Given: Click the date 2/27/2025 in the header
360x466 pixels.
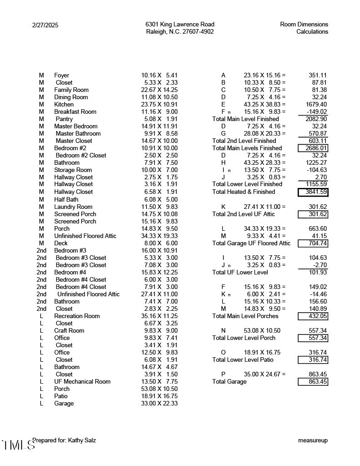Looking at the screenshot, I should [x=45, y=25].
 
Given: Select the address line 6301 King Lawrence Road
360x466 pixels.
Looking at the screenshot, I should [x=180, y=25].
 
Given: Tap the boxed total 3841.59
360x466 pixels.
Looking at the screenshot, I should [x=313, y=192].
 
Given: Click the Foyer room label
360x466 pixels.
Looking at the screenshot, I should [x=61, y=76].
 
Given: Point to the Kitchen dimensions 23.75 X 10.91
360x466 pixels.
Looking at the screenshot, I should [x=159, y=105].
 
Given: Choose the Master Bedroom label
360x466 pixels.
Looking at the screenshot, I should [x=76, y=127].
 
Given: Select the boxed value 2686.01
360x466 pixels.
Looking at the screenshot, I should [x=313, y=148].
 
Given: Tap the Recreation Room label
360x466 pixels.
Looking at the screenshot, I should [x=77, y=316].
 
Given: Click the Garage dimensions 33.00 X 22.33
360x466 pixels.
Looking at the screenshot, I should [x=159, y=404].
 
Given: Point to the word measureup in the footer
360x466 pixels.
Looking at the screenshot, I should [x=313, y=441].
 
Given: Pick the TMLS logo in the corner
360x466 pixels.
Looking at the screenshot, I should [x=18, y=445].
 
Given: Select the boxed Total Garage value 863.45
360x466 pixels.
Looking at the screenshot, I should [x=313, y=382].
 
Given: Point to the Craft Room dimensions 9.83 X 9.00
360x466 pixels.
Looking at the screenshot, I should [x=159, y=331].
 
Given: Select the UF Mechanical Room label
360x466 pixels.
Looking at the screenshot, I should [x=82, y=382].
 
